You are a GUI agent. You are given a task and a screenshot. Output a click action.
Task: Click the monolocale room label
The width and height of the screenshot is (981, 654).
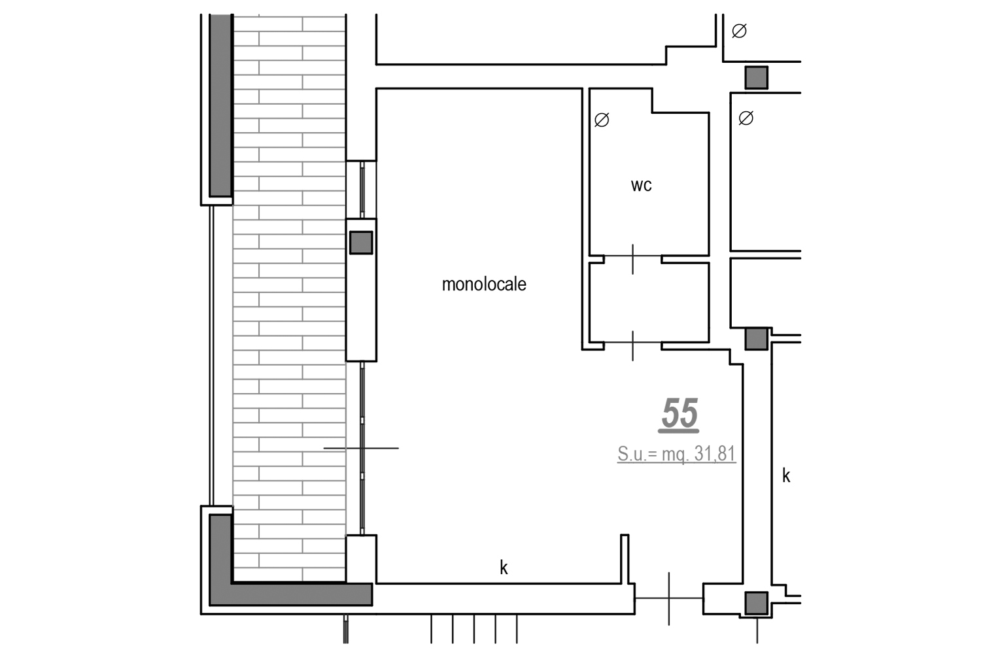pyautogui.click(x=484, y=284)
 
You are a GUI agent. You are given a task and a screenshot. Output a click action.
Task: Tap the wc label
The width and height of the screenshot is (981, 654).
pyautogui.click(x=641, y=185)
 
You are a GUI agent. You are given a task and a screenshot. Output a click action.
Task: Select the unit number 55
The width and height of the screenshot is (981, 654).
pyautogui.click(x=679, y=413)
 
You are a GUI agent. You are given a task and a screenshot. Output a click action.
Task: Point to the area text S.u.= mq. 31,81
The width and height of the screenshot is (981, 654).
pyautogui.click(x=677, y=454)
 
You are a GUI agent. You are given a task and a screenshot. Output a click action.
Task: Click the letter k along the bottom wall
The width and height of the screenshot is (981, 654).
pyautogui.click(x=504, y=568)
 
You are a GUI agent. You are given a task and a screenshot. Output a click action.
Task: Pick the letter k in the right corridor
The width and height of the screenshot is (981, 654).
pyautogui.click(x=786, y=475)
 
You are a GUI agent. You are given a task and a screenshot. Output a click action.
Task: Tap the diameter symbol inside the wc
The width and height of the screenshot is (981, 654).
pyautogui.click(x=602, y=120)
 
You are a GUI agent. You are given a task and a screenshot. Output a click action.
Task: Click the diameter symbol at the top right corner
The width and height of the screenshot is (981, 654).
pyautogui.click(x=739, y=31)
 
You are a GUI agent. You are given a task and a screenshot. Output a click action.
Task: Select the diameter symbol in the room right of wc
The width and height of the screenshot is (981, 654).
pyautogui.click(x=746, y=118)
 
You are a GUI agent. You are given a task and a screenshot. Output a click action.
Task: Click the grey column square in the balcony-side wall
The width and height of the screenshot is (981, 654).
pyautogui.click(x=361, y=243)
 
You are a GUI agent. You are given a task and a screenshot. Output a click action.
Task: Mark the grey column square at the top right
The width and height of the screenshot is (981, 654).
pyautogui.click(x=756, y=78)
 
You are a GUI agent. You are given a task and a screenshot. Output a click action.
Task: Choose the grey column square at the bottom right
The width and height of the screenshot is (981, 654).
pyautogui.click(x=756, y=603)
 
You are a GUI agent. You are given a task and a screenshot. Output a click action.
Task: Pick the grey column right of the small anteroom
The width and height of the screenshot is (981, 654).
pyautogui.click(x=756, y=339)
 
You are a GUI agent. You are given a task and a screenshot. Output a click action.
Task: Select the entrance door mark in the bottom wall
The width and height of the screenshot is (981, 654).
pyautogui.click(x=669, y=598)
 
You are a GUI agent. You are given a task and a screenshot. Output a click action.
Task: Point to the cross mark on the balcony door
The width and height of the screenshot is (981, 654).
pyautogui.click(x=362, y=448)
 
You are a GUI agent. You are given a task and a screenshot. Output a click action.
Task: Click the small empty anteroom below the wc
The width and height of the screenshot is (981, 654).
pyautogui.click(x=649, y=302)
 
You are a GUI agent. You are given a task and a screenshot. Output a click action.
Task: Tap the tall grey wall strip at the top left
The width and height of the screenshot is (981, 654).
pyautogui.click(x=220, y=105)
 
